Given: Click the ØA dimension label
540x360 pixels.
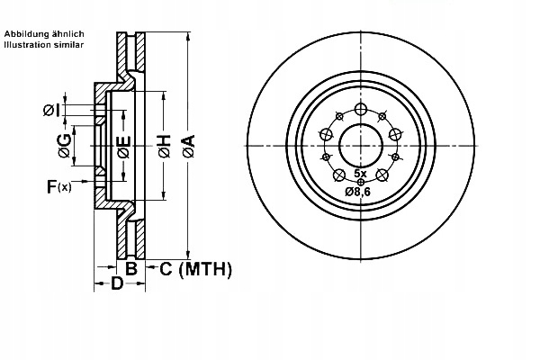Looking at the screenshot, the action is click(188, 147).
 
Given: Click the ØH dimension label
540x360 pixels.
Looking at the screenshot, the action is click(164, 147).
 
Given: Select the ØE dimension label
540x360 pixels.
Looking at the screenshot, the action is click(123, 147).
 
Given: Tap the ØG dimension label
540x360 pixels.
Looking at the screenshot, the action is click(63, 147).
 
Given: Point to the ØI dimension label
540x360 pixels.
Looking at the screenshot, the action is click(50, 111).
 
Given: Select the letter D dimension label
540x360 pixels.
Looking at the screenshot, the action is click(116, 285).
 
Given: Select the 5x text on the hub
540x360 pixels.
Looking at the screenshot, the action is click(360, 172).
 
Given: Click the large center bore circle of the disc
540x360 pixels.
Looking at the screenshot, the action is click(360, 145).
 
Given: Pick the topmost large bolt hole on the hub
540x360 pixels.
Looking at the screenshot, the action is click(360, 110).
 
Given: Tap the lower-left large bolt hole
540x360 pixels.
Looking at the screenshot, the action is click(339, 175).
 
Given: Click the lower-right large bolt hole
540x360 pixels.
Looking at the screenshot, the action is click(382, 175).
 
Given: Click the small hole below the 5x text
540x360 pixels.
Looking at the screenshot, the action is click(360, 182).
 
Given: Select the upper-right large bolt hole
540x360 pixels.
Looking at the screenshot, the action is click(394, 134).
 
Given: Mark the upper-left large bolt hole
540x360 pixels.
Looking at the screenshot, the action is click(326, 134).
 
